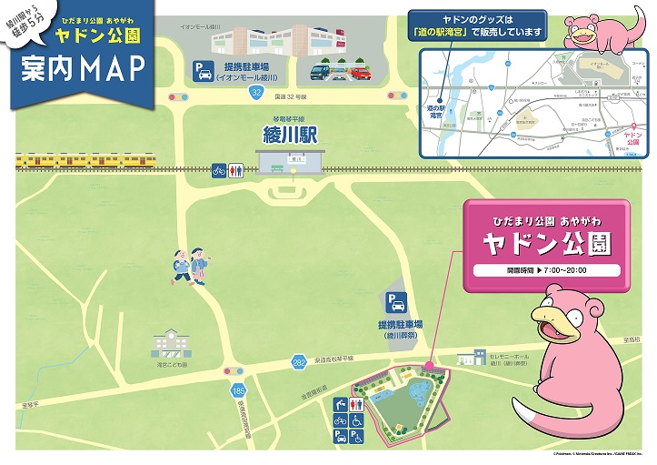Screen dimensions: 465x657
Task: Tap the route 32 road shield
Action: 256,93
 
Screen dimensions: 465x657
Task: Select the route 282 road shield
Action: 300,363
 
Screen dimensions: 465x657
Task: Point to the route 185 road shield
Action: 225,389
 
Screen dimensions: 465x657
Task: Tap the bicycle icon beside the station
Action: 218,169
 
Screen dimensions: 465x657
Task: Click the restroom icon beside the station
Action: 234,169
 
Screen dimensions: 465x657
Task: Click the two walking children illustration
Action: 191,266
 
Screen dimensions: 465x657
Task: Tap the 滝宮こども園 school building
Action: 168,344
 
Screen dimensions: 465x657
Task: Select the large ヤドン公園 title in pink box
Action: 545,243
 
